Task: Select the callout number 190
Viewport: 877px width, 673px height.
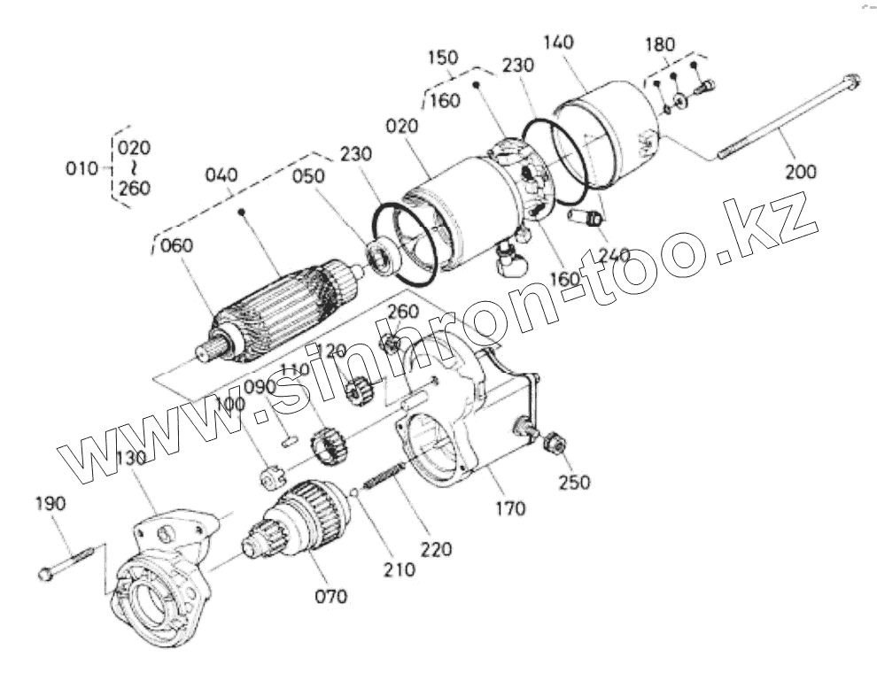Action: (x=50, y=504)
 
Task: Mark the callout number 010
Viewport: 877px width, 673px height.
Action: (x=83, y=167)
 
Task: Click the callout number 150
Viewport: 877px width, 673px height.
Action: (x=442, y=58)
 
